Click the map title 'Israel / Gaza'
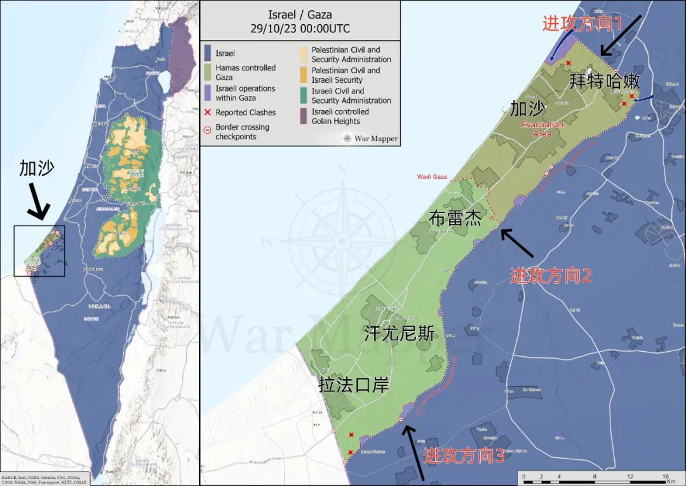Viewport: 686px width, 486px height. (300, 15)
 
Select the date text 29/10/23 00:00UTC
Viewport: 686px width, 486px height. (300, 29)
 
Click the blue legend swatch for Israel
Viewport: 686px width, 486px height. (208, 53)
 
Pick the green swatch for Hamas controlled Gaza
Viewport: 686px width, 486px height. (208, 71)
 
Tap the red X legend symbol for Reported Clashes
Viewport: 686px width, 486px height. (208, 113)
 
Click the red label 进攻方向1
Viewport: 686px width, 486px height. (581, 24)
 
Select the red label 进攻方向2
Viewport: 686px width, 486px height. (551, 275)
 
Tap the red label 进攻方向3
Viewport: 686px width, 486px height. (464, 455)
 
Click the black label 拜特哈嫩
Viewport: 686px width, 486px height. (605, 81)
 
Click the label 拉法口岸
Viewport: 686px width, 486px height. (353, 385)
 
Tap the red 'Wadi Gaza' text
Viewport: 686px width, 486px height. (432, 177)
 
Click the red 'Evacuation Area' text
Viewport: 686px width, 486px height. (542, 129)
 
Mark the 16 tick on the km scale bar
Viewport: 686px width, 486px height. (665, 476)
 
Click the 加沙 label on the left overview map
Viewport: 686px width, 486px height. (37, 168)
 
